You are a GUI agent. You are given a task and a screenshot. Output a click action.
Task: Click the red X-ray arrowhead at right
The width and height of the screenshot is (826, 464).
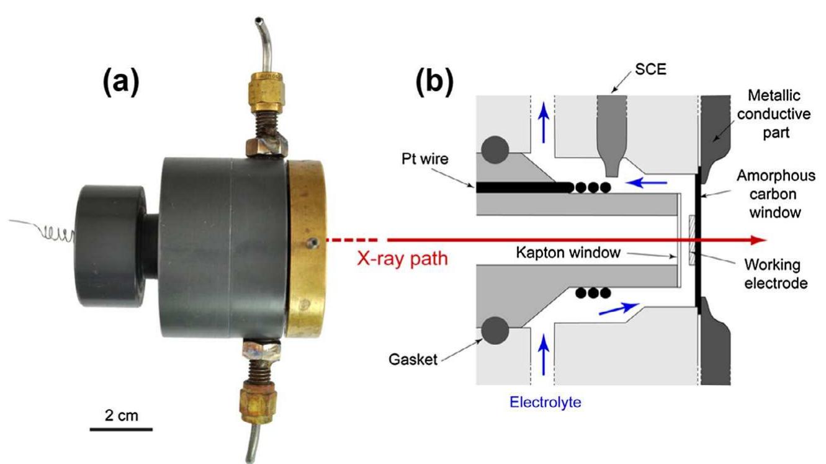coord(758,240)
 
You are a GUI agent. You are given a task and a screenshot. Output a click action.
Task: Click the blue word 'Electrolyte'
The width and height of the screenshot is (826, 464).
coord(545,401)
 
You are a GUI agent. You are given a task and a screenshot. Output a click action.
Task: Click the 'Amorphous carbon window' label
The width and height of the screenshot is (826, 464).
coord(775,194)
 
